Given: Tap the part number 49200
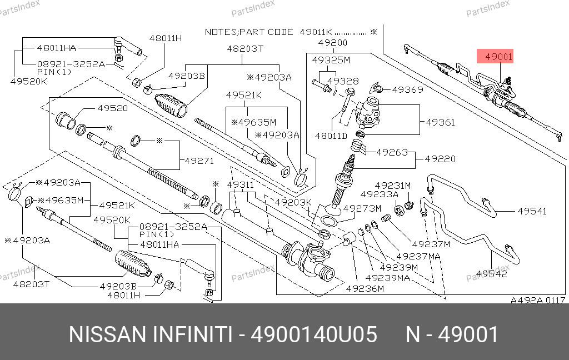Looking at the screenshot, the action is click(333, 43).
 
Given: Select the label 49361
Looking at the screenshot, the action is click(440, 122).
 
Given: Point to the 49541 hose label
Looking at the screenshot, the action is click(532, 211).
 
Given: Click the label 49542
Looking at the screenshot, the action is click(492, 274).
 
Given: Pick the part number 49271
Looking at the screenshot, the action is click(199, 161).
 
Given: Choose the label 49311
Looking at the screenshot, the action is click(241, 185).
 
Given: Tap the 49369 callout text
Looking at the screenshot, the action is click(407, 89).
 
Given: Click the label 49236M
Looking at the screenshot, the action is click(365, 288).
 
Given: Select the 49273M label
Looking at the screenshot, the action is click(362, 208).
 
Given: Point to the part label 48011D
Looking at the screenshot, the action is click(331, 136).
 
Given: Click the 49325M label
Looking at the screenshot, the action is click(331, 60).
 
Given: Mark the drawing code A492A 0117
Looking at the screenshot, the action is click(538, 300).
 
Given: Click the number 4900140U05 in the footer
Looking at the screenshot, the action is click(314, 334).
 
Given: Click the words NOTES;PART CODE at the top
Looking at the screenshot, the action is click(249, 32).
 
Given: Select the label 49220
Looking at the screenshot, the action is click(440, 159).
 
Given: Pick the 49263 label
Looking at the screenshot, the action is click(392, 152).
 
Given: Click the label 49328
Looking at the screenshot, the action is click(343, 81).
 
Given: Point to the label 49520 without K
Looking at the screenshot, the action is click(112, 108).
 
